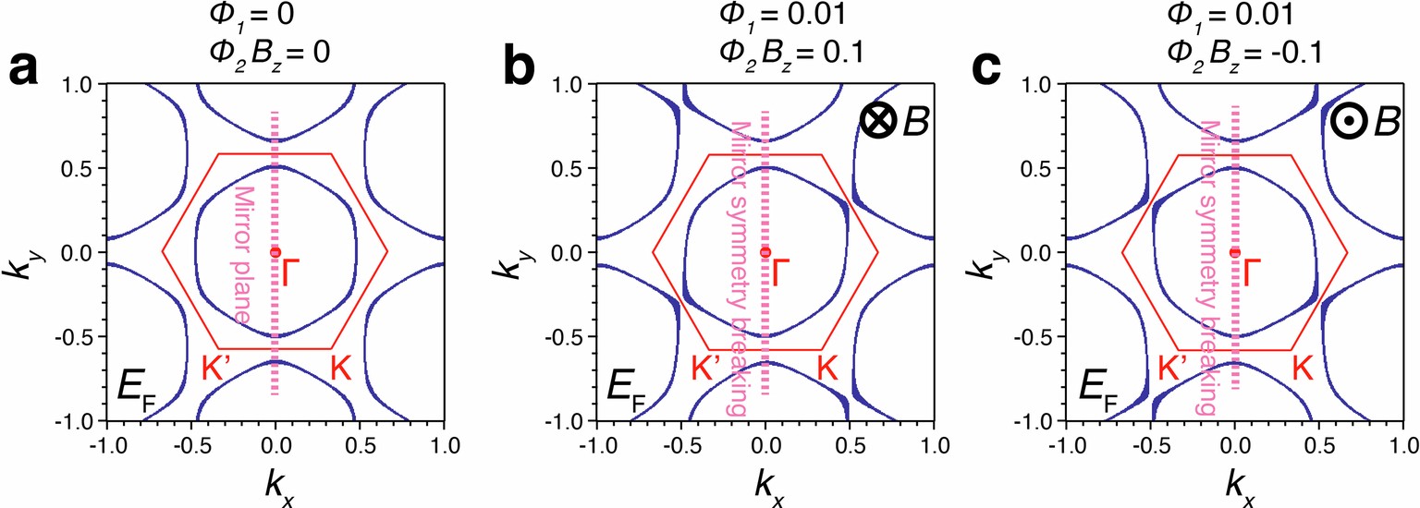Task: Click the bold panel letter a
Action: coord(25,71)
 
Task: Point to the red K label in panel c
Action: coord(1304,369)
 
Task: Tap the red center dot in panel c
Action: coord(1235,252)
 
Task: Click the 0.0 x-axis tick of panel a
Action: coord(275,441)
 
